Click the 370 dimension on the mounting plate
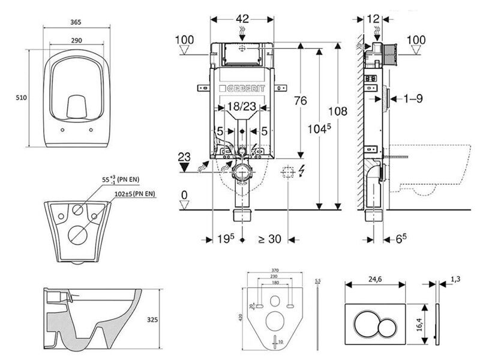(274, 271)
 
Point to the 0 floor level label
(185, 194)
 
